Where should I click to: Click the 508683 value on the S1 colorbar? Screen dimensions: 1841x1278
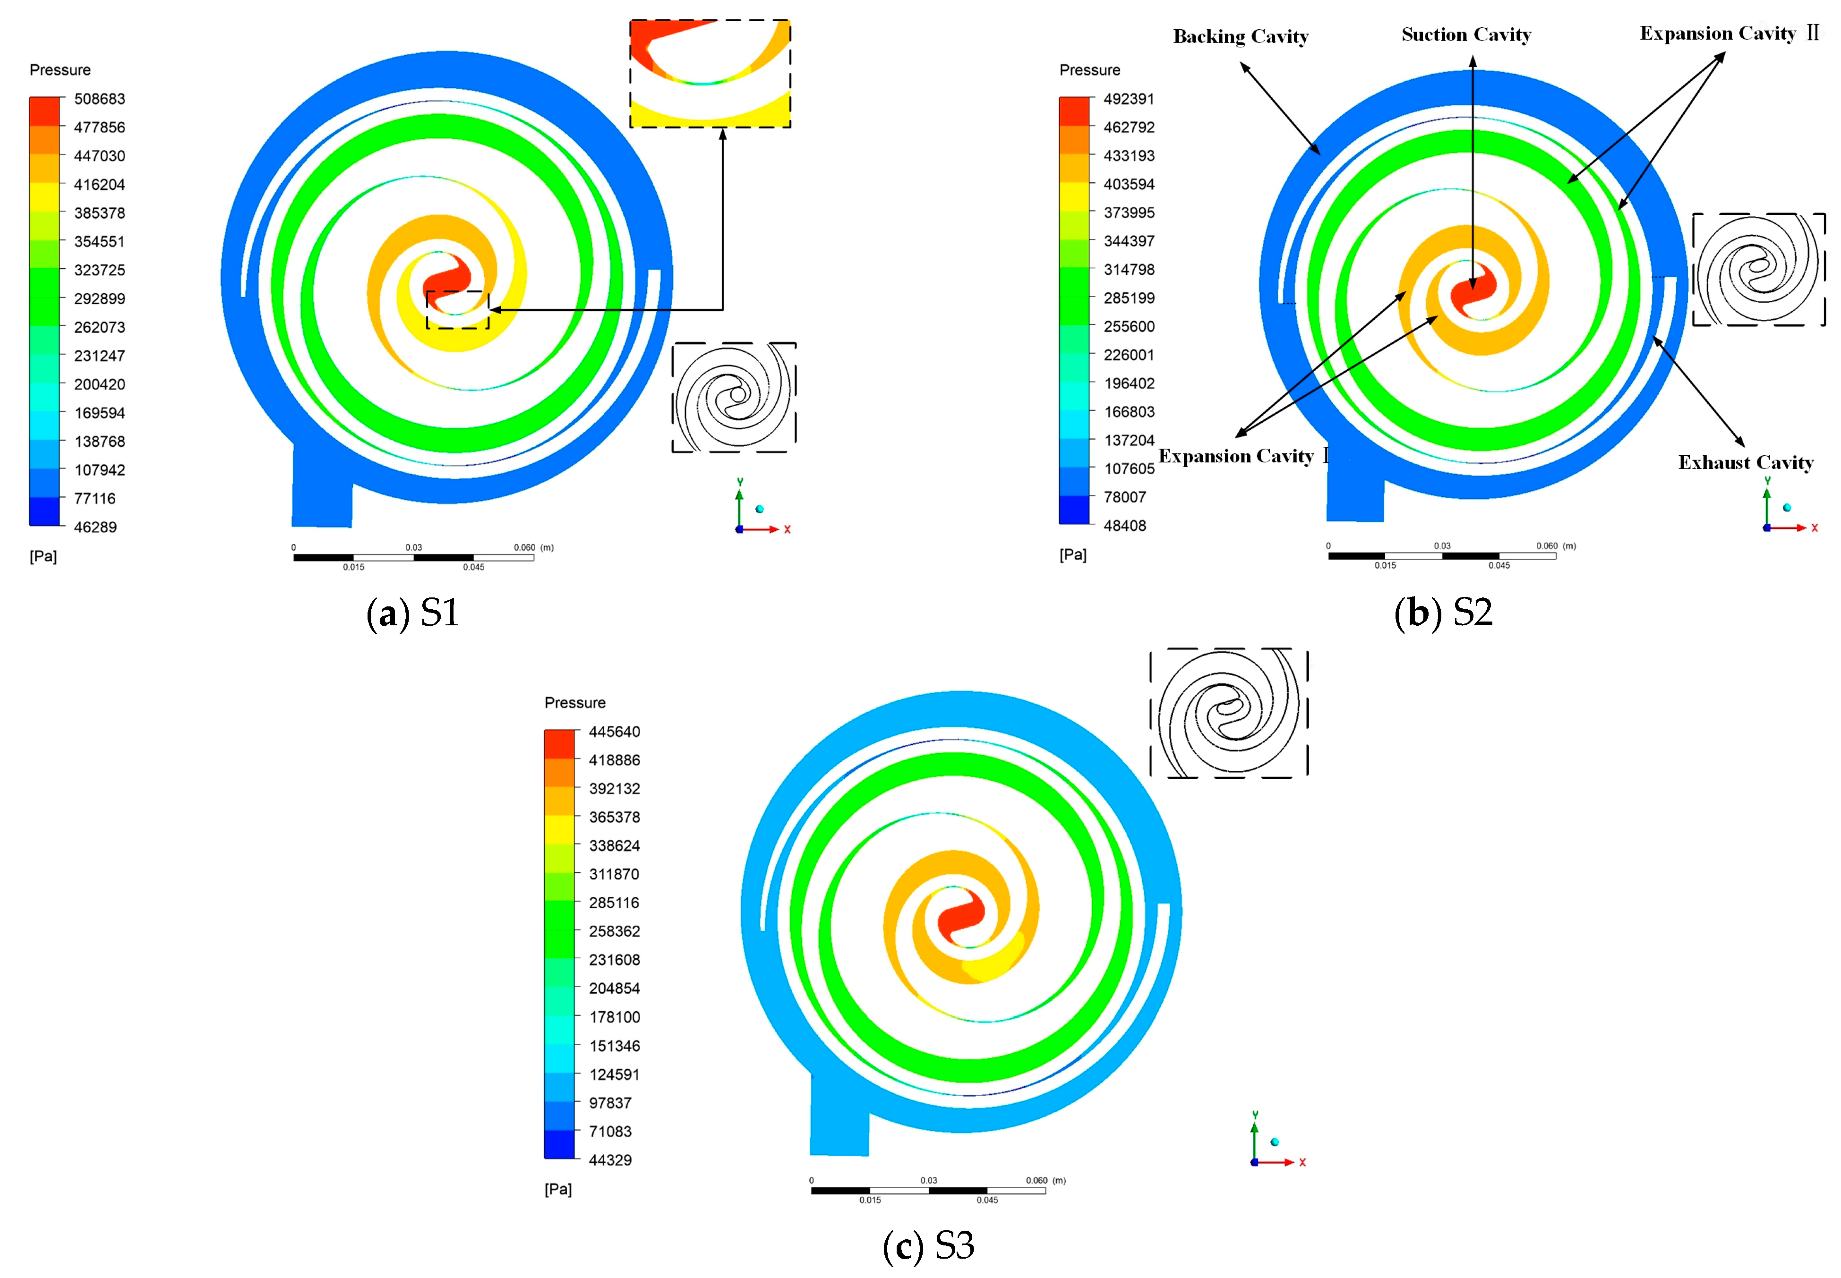99,99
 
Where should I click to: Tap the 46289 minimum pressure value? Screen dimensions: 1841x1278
95,527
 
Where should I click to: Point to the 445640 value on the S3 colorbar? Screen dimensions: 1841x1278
614,731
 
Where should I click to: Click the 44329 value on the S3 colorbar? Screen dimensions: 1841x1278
610,1159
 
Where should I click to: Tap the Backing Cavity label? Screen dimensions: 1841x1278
1241,37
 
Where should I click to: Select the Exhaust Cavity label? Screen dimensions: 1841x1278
1746,463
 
